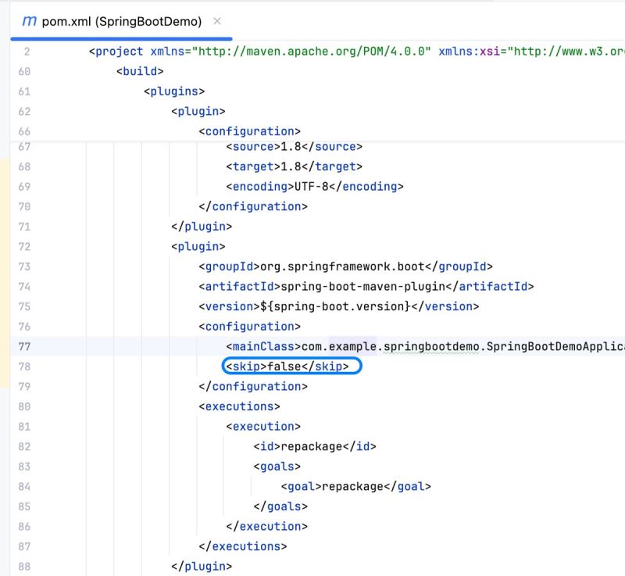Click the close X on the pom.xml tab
(217, 21)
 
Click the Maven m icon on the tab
(29, 21)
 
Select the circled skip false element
(287, 367)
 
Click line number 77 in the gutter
(24, 346)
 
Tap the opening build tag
(140, 71)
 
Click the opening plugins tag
(174, 91)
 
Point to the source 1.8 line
(295, 147)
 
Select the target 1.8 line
(295, 166)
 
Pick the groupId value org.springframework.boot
(342, 267)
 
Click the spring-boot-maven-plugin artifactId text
(362, 287)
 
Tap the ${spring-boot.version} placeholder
(335, 306)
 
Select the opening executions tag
(240, 406)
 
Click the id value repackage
(312, 446)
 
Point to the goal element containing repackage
(356, 486)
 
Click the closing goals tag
(280, 506)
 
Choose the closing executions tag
(243, 546)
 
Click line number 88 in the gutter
(24, 567)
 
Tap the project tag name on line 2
(120, 52)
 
